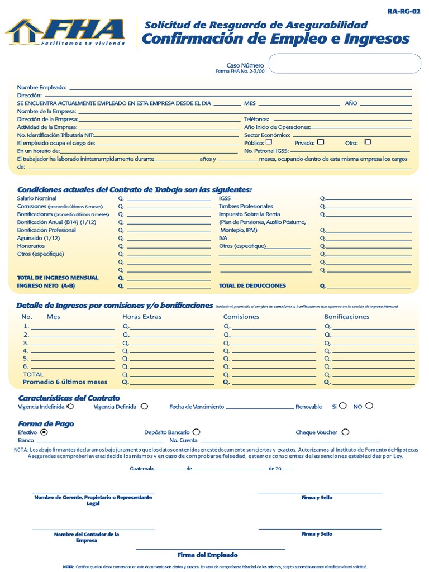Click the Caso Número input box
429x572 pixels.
coord(345,64)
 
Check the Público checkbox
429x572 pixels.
coord(269,142)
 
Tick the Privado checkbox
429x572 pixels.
coord(321,142)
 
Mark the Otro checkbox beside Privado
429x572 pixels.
coord(367,142)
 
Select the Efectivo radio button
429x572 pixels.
coord(44,432)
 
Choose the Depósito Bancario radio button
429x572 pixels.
coord(196,432)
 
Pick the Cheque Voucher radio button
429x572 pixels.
coord(345,432)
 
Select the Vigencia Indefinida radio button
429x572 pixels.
coord(70,407)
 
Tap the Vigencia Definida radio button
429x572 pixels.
coord(144,407)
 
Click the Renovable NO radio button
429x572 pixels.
coord(369,406)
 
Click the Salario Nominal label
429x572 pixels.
coord(37,198)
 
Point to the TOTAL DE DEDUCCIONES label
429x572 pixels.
coord(252,285)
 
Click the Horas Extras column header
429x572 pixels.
coord(142,317)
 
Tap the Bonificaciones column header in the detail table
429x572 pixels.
coord(347,317)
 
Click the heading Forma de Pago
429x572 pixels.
coord(46,423)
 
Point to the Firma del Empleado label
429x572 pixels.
coord(207,555)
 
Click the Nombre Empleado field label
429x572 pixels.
coord(42,88)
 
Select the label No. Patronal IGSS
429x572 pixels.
coord(266,151)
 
